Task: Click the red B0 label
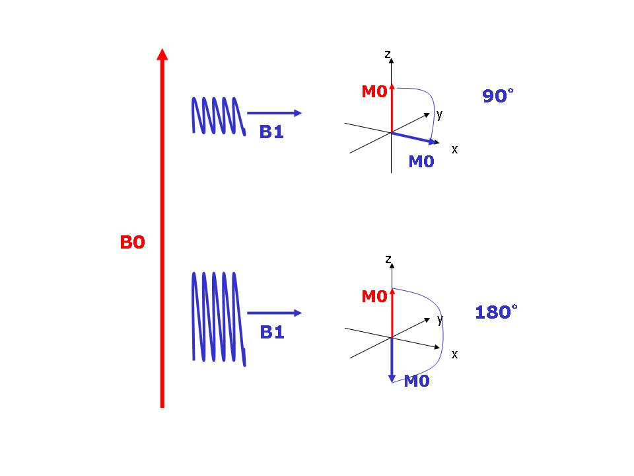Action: [x=132, y=242]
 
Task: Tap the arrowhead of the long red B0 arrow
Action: [x=162, y=55]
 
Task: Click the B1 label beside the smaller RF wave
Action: [x=271, y=132]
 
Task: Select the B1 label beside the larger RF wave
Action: [x=272, y=333]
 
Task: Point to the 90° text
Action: [x=498, y=95]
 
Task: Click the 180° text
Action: [x=496, y=312]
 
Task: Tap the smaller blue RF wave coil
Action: [x=219, y=116]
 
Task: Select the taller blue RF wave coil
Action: [x=219, y=319]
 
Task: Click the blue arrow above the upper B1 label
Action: [x=274, y=113]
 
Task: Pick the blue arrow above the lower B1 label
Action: [x=274, y=313]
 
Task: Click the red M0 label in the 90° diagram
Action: [x=374, y=91]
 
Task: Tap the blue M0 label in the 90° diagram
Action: [x=421, y=161]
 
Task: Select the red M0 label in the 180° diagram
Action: [x=374, y=296]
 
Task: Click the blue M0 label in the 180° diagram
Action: [x=417, y=381]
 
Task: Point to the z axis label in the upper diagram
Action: [x=388, y=54]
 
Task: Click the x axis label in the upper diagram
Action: [x=454, y=150]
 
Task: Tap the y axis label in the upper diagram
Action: [x=440, y=115]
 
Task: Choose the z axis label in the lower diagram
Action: [x=388, y=258]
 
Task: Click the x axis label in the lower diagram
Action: [x=454, y=354]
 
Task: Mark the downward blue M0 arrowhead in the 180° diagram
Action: [x=392, y=378]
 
